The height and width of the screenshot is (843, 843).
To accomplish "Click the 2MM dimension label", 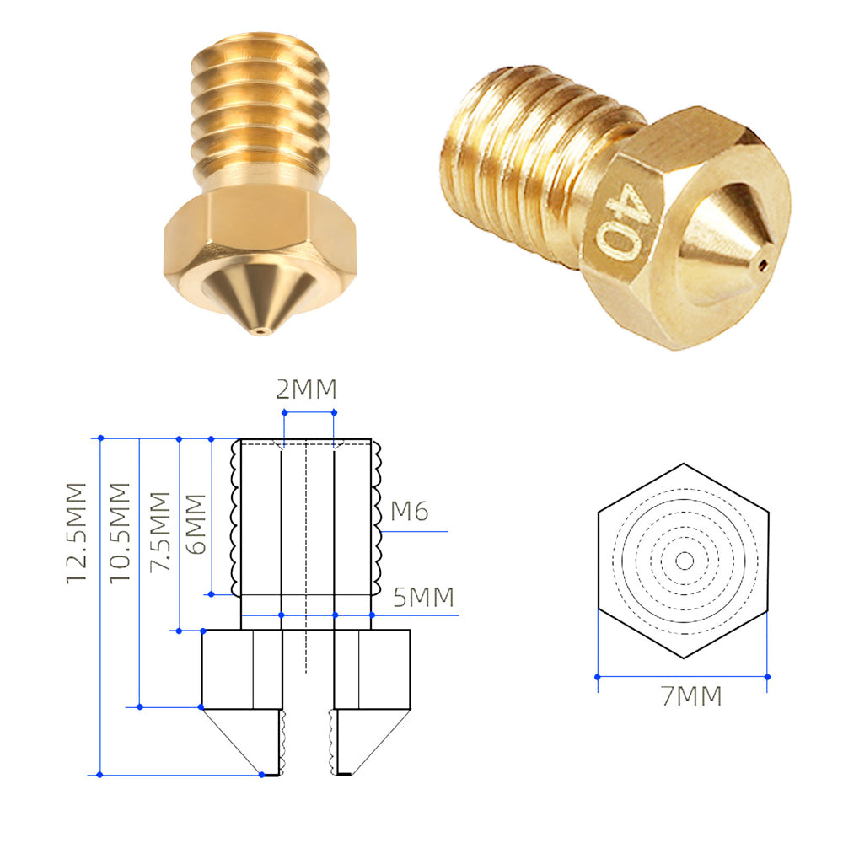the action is pos(306,389).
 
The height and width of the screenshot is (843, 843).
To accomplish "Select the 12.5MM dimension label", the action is pos(76,533).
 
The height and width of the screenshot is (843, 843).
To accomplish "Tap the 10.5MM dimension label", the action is pos(120,532).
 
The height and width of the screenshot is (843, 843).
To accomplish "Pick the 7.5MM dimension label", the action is pos(159,531).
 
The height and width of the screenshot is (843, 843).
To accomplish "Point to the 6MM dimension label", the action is pos(196,524).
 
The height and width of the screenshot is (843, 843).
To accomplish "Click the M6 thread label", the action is pos(410,512).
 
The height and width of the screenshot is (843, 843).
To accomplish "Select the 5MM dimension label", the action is pos(424,598).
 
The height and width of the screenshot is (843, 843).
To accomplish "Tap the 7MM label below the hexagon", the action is pos(691,695).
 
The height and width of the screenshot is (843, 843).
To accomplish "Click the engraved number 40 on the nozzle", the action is pos(624,220).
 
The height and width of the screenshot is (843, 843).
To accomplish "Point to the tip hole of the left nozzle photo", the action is pos(260,331).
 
